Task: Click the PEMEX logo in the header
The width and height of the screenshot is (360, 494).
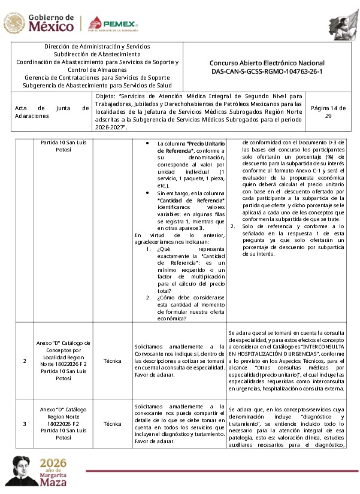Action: pos(113,24)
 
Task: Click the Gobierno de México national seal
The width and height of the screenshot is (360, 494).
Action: pos(14,24)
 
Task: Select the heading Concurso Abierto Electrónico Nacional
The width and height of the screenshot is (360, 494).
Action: pos(267,63)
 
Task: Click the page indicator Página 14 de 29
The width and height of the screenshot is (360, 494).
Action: pos(328,112)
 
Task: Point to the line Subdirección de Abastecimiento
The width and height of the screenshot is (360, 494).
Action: pos(97,54)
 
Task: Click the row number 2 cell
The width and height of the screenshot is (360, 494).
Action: pos(25,361)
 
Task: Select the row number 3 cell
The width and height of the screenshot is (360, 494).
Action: pos(25,423)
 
